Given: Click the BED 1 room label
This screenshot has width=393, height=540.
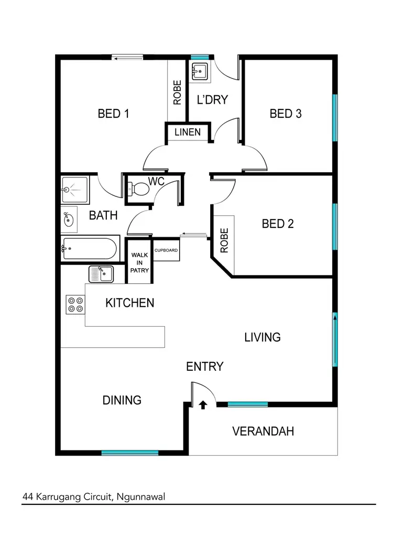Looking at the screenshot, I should click(x=113, y=114).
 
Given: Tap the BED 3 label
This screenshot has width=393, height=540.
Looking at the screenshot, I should click(x=286, y=114).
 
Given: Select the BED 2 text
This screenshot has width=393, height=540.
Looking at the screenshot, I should click(x=278, y=224).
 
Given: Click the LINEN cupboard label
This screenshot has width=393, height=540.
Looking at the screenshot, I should click(x=187, y=132).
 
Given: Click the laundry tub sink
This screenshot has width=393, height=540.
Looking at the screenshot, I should click(x=200, y=71).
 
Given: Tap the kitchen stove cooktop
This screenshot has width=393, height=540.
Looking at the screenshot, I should click(x=75, y=305).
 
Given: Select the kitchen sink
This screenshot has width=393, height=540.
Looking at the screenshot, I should click(x=101, y=273).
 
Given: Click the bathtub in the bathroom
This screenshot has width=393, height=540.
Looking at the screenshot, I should click(x=90, y=250).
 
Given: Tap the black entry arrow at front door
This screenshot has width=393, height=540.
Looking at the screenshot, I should click(x=203, y=404).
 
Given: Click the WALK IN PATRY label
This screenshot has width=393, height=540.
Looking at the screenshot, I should click(x=140, y=262).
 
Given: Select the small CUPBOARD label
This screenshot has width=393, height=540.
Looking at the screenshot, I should click(x=166, y=250).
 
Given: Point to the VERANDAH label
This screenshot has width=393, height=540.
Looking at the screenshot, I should click(x=263, y=432).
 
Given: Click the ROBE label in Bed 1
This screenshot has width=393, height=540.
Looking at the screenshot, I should click(x=177, y=92).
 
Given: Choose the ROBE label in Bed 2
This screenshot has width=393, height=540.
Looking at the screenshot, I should click(x=224, y=241).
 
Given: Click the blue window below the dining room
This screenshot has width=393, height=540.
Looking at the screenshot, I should click(x=129, y=453).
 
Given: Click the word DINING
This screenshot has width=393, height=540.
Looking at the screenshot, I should click(x=122, y=400).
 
